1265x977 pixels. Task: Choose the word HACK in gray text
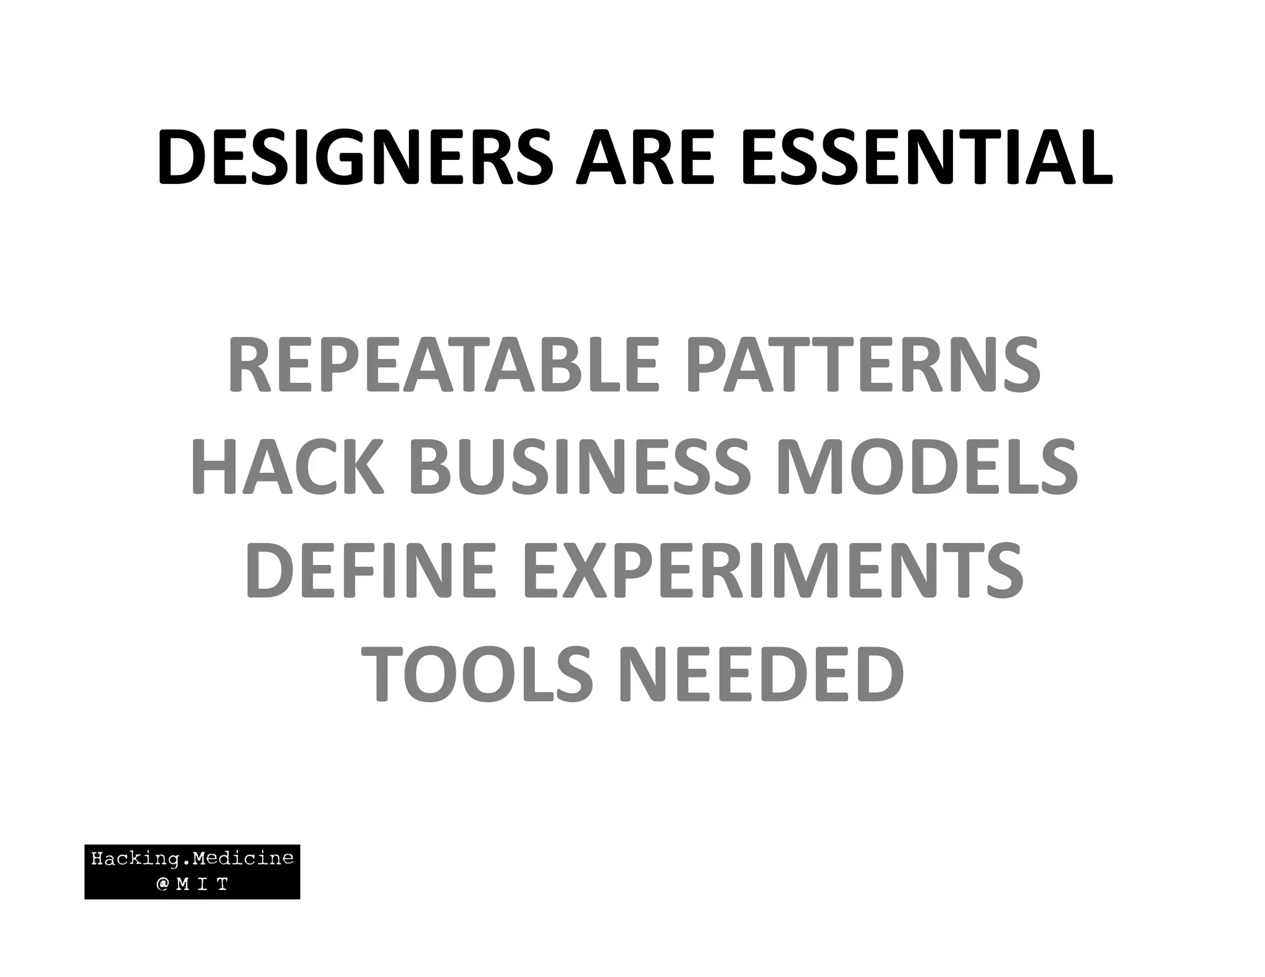click(x=287, y=468)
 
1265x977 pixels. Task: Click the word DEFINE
click(x=371, y=570)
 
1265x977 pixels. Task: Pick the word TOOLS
click(x=476, y=674)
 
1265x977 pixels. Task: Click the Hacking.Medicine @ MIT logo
click(x=192, y=871)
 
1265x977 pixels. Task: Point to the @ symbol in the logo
click(x=162, y=885)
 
